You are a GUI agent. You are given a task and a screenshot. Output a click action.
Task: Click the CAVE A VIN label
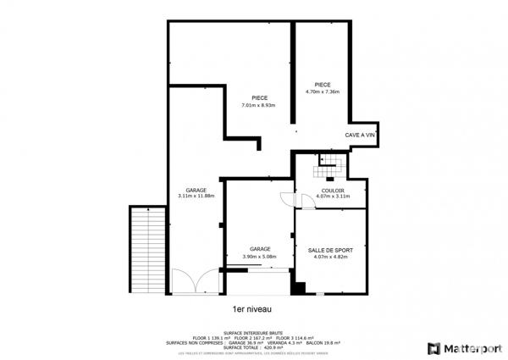click(x=359, y=135)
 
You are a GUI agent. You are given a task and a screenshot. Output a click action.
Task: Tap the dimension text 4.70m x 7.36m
click(x=322, y=91)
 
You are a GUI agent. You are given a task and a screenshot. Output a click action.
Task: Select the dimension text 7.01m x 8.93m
click(x=260, y=105)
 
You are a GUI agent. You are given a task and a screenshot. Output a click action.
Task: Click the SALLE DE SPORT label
click(x=331, y=250)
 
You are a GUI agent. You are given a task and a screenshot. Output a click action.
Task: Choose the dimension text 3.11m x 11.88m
click(x=196, y=197)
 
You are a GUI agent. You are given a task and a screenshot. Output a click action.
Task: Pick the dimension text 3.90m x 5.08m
click(x=260, y=257)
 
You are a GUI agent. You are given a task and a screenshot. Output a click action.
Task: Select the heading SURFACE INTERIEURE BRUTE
click(x=253, y=333)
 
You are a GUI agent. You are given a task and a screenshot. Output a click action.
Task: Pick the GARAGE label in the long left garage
click(x=196, y=190)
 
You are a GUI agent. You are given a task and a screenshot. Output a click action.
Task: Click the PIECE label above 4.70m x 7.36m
click(x=322, y=85)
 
